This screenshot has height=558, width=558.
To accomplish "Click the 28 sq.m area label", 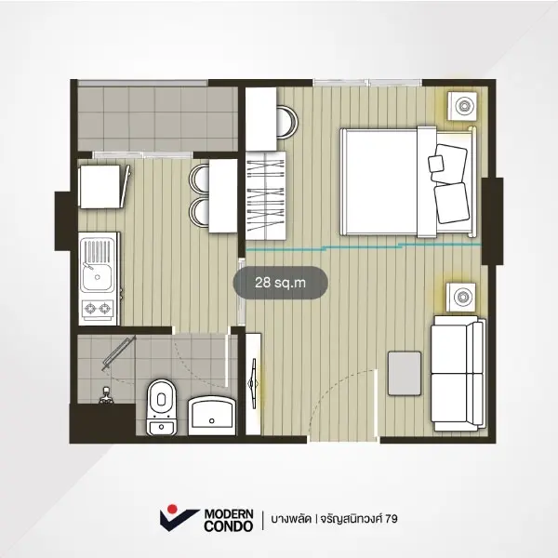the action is click(x=281, y=283).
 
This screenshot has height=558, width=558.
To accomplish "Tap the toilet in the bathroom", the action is click(x=161, y=407).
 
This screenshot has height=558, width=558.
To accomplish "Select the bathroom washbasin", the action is click(x=212, y=416).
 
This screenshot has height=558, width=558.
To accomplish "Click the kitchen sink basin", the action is click(x=97, y=277).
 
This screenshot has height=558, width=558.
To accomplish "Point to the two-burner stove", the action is click(x=98, y=309).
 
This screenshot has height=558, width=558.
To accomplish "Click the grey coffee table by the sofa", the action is click(x=405, y=373).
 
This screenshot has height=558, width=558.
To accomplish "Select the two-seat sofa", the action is click(x=458, y=373).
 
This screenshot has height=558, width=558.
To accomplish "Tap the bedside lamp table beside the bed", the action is click(x=462, y=106).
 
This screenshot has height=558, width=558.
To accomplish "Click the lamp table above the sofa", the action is click(x=461, y=298).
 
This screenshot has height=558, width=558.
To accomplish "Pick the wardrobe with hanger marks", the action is click(x=266, y=195).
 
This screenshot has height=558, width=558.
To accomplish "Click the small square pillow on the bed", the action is click(x=436, y=164).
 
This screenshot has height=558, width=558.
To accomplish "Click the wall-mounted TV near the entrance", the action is click(x=253, y=383).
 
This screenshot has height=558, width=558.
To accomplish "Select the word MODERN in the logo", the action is click(x=229, y=514).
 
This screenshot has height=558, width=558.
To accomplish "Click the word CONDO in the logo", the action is click(x=229, y=526).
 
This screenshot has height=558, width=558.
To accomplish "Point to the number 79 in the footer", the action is click(x=392, y=519).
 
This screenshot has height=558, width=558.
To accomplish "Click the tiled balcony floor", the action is click(x=158, y=119).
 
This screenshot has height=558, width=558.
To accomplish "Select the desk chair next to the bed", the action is click(x=287, y=122).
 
